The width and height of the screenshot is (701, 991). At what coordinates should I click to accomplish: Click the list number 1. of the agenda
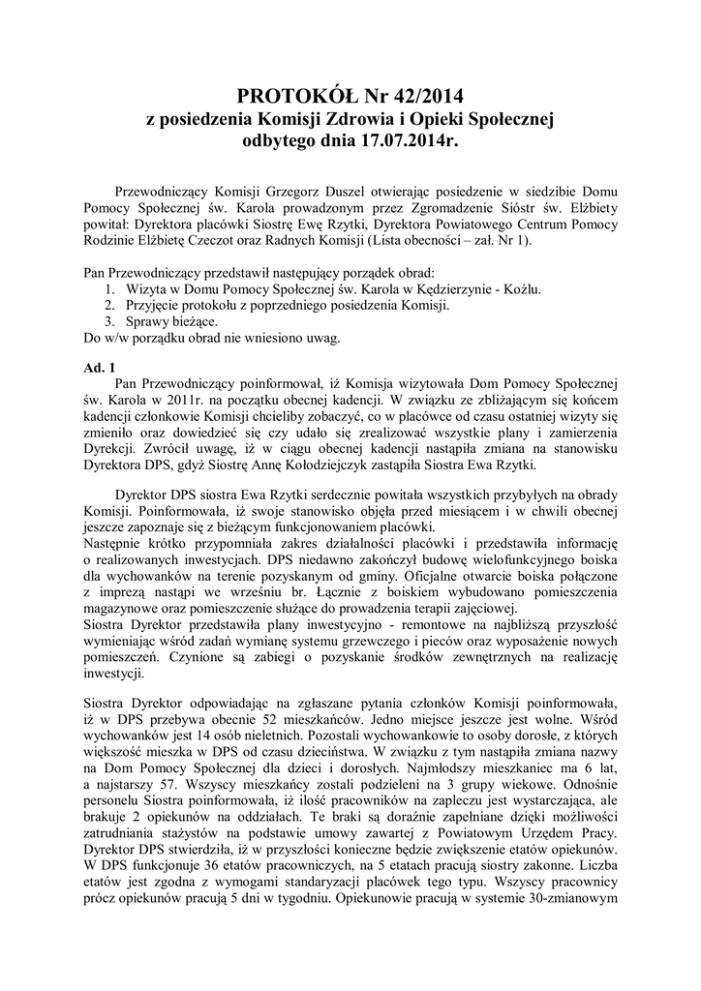coord(108,288)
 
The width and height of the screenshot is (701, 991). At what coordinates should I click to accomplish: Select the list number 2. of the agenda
coord(108,305)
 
